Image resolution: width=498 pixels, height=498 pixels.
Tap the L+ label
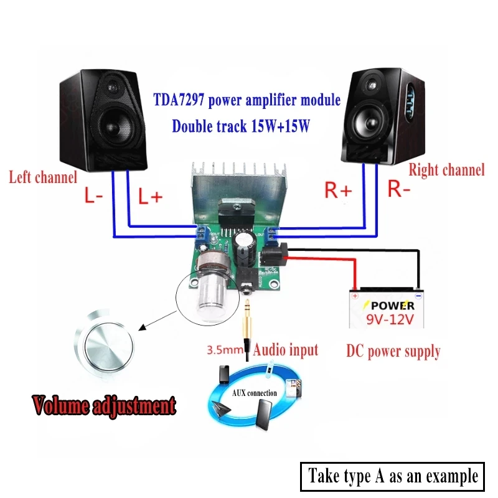pos(150,197)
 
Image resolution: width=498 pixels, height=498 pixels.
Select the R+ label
pos(338,190)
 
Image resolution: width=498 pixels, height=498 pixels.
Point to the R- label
pos(399,189)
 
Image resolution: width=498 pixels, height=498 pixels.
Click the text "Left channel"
pos(42,177)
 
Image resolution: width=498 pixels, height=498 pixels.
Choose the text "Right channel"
pos(446,169)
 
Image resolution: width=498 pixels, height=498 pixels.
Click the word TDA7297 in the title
pos(182,100)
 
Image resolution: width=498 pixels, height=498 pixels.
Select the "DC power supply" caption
pos(393,351)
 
